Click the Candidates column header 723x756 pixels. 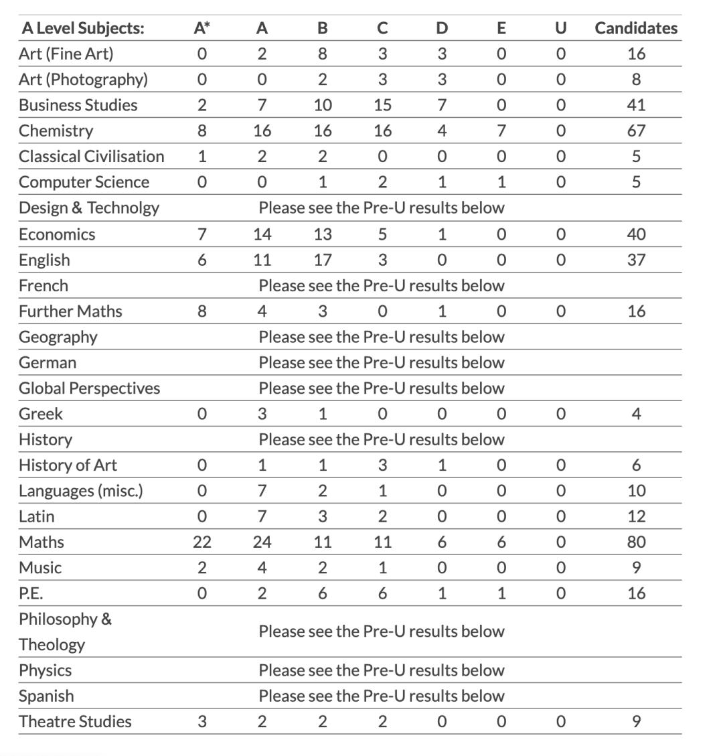(x=636, y=28)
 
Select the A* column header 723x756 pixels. (x=202, y=28)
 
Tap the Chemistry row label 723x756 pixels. (x=56, y=131)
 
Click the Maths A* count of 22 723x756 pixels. (x=202, y=542)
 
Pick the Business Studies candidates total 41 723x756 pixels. (x=636, y=105)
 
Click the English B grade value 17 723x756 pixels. (x=323, y=260)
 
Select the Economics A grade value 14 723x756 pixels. (x=262, y=234)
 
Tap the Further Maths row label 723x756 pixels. (x=70, y=311)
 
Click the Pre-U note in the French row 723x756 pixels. (x=382, y=286)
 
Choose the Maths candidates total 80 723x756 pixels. (x=636, y=542)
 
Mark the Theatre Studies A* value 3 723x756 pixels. (x=202, y=721)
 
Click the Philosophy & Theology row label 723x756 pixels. (x=65, y=631)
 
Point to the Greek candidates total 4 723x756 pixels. (x=636, y=414)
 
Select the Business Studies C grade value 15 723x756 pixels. (x=382, y=105)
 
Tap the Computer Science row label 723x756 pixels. (x=84, y=182)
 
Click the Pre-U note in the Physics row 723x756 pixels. (x=382, y=670)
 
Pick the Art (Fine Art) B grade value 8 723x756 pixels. (x=323, y=54)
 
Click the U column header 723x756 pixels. (x=561, y=28)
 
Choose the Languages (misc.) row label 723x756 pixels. (x=80, y=491)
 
